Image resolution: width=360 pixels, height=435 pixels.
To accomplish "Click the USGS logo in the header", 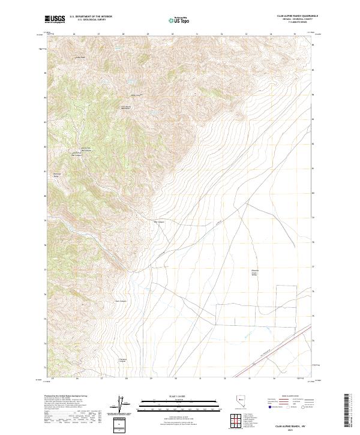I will [55, 20].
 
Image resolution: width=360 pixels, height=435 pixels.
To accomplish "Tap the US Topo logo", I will [180, 20].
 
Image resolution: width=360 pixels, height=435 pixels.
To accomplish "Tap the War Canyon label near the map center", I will [160, 221].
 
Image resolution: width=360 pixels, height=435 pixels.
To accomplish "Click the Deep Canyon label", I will [121, 301].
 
